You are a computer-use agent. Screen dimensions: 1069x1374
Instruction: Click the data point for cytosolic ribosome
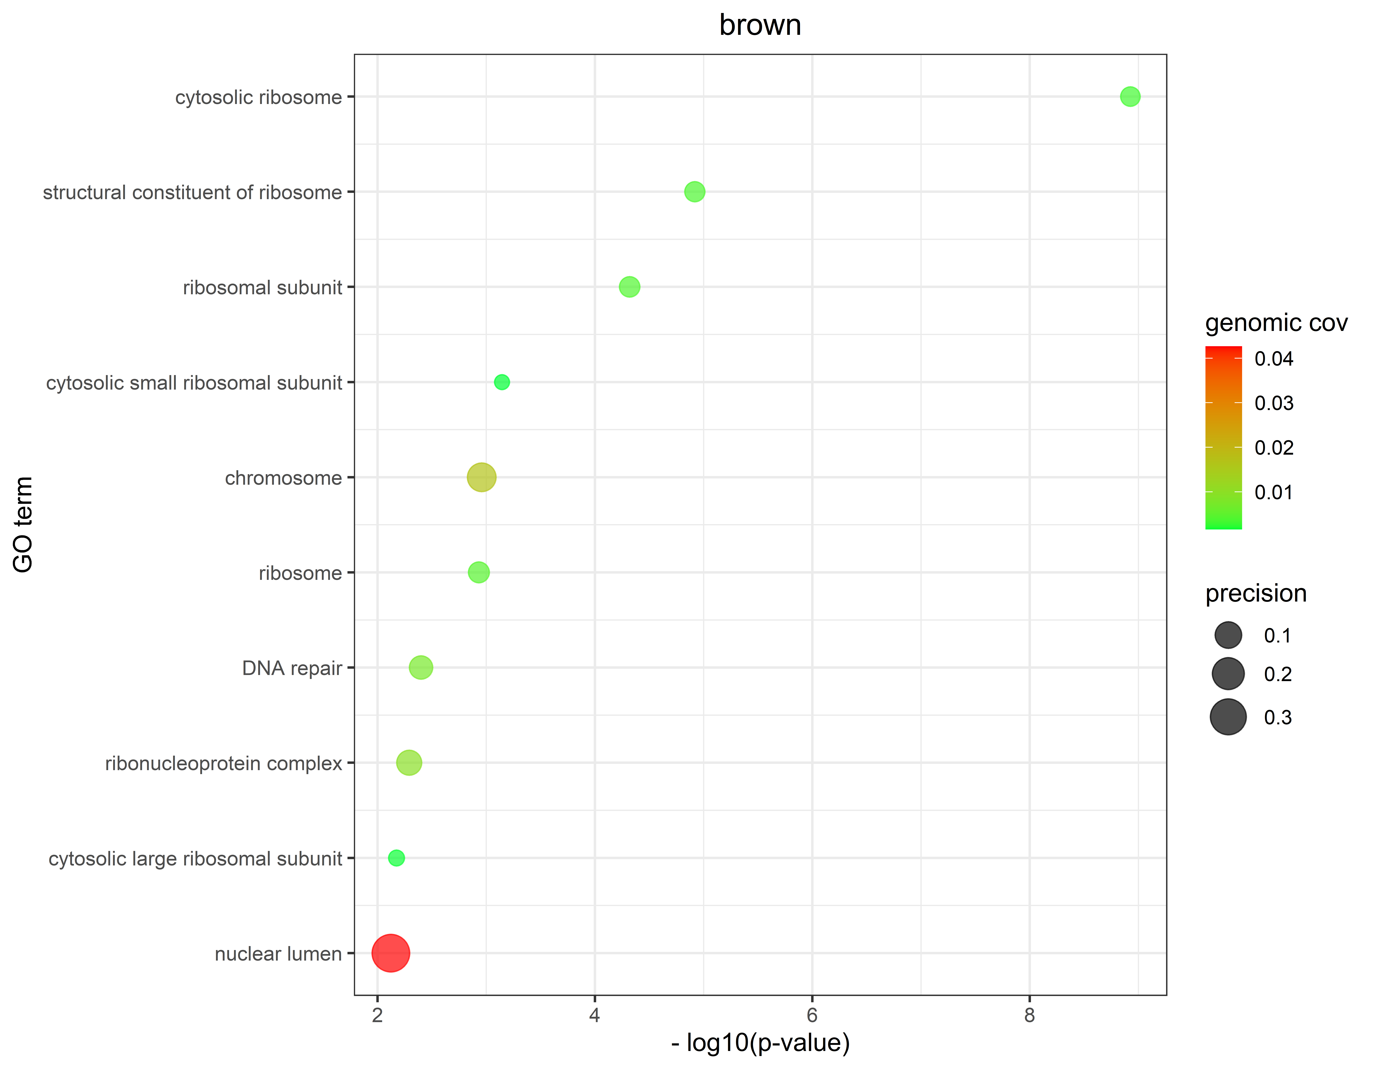[x=1130, y=97]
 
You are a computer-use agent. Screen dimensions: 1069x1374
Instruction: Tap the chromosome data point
[x=481, y=478]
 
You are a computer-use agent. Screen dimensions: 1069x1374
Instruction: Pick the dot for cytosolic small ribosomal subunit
[x=501, y=382]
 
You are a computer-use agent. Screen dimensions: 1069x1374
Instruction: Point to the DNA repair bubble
[x=421, y=668]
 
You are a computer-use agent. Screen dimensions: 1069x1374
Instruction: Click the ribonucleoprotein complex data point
[x=409, y=763]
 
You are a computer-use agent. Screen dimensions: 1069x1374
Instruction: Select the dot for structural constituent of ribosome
[x=694, y=192]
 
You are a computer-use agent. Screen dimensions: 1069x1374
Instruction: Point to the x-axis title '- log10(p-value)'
[x=760, y=1043]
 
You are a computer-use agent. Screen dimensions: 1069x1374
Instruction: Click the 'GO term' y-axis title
[x=23, y=524]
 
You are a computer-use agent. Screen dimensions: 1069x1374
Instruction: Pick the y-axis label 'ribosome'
[x=300, y=573]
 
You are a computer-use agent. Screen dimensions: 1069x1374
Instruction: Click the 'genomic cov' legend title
[x=1276, y=323]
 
